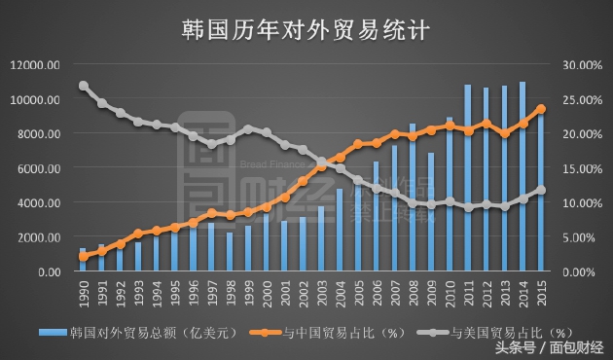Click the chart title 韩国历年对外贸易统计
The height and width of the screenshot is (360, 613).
coord(306,29)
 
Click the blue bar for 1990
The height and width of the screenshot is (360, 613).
coord(83,260)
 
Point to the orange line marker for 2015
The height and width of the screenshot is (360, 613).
coord(541,109)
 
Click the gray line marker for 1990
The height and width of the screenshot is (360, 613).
coord(83,86)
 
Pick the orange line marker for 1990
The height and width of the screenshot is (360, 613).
coord(83,257)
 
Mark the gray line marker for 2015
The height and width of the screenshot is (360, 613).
coord(541,191)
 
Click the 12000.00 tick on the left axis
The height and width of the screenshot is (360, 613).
coord(36,65)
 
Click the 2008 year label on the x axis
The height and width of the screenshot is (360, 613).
coord(413,292)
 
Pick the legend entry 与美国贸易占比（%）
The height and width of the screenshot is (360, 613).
coord(491,333)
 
